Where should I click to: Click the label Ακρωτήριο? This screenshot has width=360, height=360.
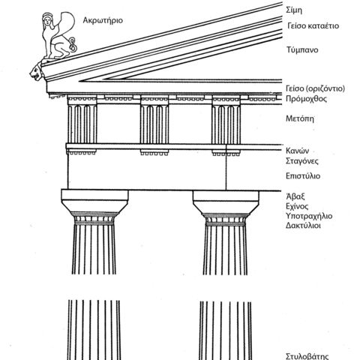[103, 20]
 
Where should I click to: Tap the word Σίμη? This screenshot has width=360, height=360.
[294, 10]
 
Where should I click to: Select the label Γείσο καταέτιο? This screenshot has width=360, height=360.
[313, 26]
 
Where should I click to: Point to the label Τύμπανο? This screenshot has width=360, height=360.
[302, 50]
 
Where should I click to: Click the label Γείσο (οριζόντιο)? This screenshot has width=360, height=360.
[315, 88]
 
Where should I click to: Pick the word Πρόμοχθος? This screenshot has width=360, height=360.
[306, 99]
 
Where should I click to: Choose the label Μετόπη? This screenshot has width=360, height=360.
[300, 118]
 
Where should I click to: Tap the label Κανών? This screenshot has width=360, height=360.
[297, 151]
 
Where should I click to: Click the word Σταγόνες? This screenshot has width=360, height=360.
[302, 161]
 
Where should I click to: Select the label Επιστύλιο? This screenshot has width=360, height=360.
[303, 176]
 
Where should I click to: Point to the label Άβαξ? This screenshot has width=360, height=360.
[295, 196]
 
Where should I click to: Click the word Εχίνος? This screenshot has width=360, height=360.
[297, 206]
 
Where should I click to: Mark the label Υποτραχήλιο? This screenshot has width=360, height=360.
[309, 216]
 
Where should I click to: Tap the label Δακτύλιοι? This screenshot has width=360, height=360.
[303, 226]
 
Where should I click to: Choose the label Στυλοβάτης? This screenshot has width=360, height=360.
[307, 356]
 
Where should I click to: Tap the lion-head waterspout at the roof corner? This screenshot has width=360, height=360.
[37, 72]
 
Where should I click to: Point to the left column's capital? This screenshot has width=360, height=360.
[94, 207]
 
